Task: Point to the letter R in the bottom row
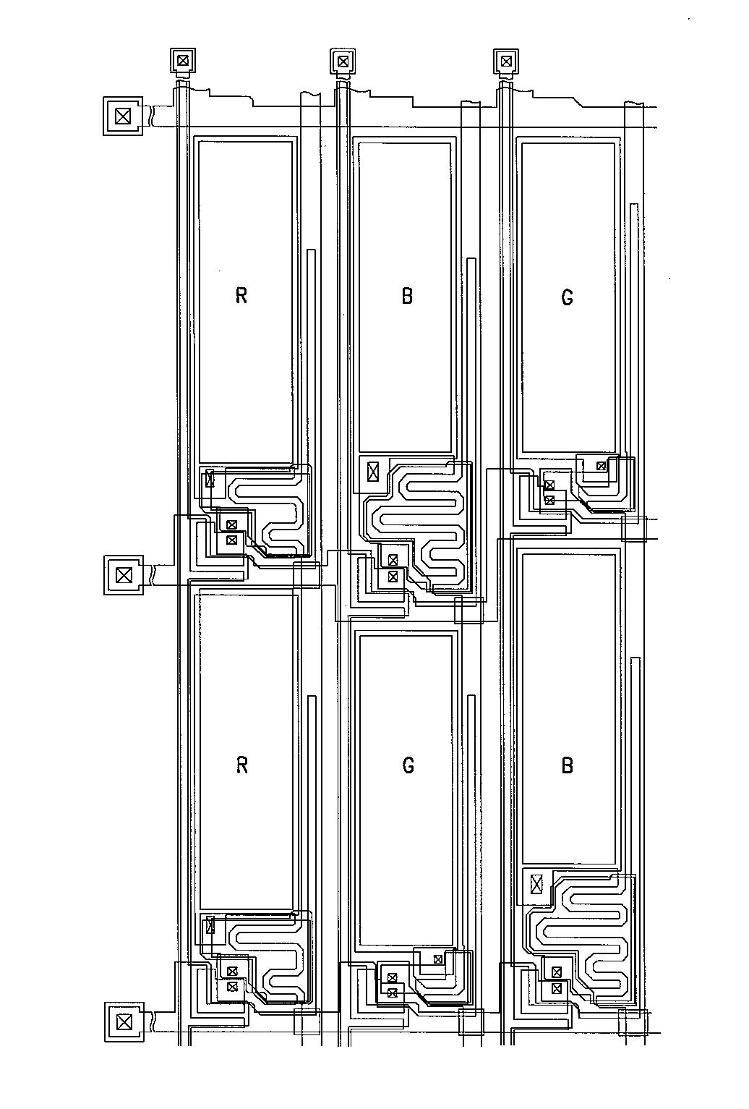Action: [242, 765]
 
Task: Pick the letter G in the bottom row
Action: [408, 765]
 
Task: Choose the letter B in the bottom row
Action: [568, 765]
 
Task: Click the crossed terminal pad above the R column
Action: [183, 60]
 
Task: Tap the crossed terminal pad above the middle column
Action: [343, 61]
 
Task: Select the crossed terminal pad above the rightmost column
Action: [506, 61]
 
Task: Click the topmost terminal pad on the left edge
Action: [124, 115]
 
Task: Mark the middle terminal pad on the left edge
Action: [124, 575]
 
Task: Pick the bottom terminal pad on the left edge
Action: [124, 1021]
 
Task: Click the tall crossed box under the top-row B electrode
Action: [373, 472]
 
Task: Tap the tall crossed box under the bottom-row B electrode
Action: [536, 883]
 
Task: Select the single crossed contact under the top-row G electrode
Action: [601, 466]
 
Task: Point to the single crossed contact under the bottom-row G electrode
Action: [437, 959]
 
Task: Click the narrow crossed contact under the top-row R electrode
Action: [210, 478]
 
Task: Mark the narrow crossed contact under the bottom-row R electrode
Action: [210, 925]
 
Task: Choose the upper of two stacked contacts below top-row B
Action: [393, 560]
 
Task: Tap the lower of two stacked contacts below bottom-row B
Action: [557, 987]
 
